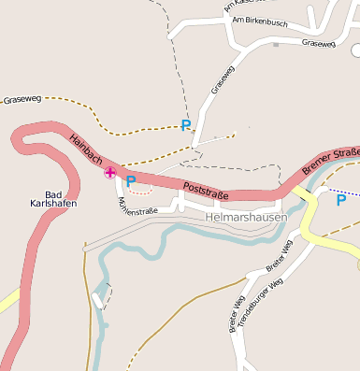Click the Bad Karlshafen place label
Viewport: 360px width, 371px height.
[47, 199]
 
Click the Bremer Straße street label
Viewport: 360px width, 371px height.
[331, 159]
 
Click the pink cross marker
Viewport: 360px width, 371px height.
[110, 172]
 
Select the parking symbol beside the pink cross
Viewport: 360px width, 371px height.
[131, 180]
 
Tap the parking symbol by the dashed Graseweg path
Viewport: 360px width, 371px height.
[185, 124]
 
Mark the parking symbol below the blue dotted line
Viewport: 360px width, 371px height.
[340, 199]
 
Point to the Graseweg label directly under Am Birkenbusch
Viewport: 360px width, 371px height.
[318, 43]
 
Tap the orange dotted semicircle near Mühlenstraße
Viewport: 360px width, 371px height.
[140, 191]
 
